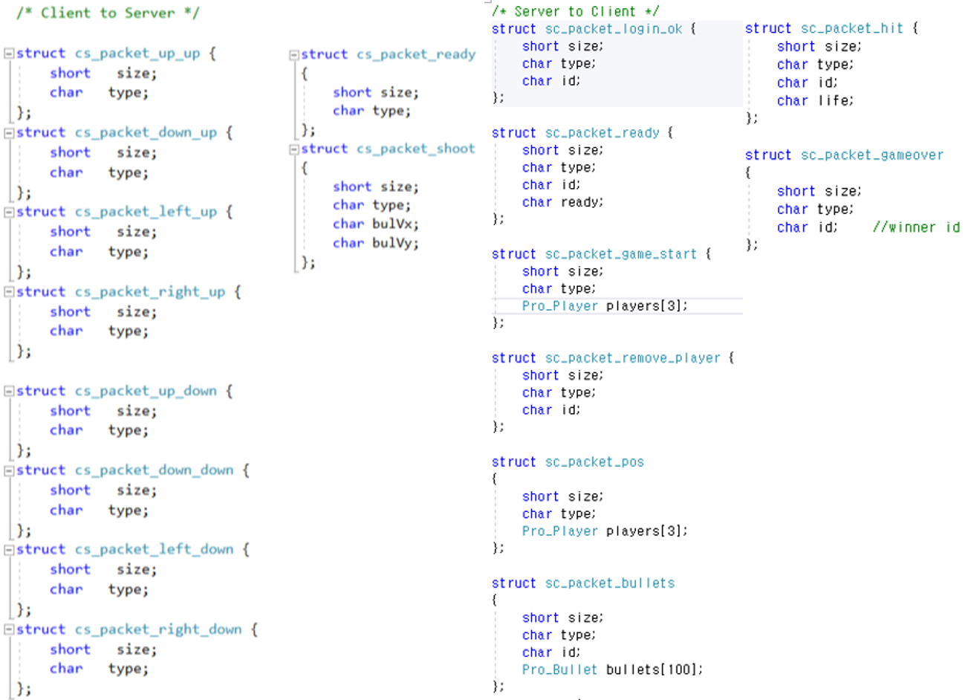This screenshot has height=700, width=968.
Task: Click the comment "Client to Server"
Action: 108,13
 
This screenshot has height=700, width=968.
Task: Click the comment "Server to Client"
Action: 575,11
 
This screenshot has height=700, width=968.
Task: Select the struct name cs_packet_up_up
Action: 137,54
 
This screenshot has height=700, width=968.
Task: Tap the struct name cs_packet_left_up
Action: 146,212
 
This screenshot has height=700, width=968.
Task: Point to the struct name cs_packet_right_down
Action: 158,629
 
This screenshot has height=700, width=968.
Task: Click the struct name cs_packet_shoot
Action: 415,149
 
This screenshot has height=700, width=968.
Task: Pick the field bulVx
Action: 395,224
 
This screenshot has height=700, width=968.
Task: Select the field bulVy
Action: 395,243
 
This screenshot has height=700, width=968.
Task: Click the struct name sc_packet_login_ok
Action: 614,29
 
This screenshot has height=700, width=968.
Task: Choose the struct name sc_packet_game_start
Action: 621,254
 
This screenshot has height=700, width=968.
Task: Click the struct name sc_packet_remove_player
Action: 633,358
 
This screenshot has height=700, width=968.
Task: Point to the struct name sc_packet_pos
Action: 594,462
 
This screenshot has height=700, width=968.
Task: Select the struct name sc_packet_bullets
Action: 610,583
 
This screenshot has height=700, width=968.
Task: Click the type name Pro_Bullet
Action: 559,670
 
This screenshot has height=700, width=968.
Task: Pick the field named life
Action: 836,101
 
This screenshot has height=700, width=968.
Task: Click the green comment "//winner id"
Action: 916,227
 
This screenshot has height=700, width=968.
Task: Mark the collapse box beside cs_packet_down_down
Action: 8,470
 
